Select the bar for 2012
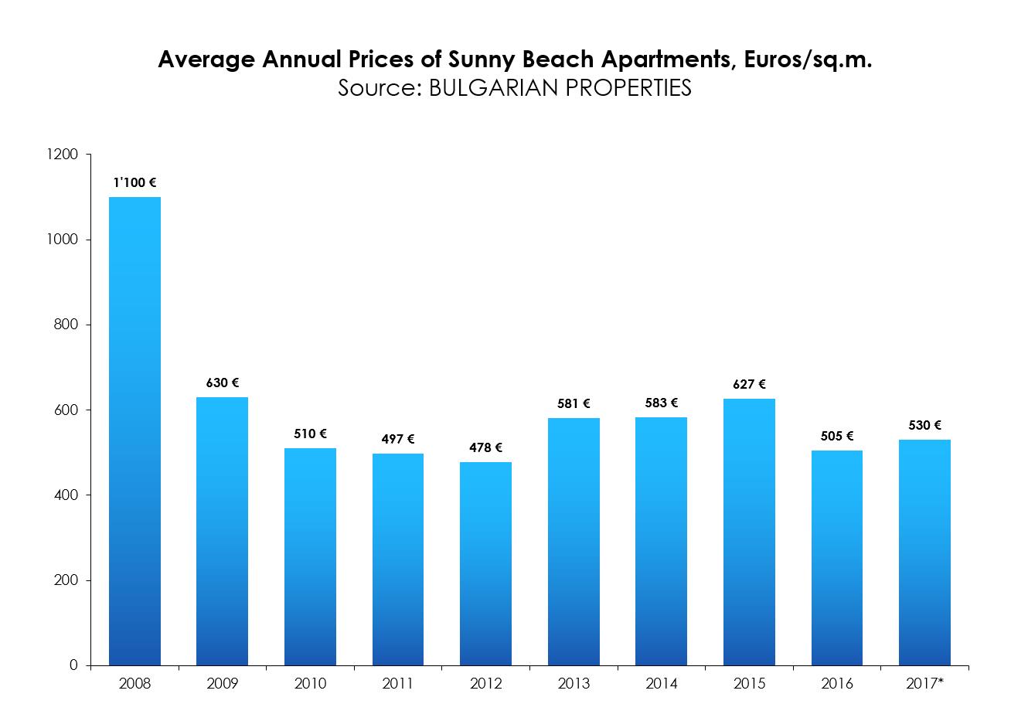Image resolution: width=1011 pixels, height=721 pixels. tap(485, 563)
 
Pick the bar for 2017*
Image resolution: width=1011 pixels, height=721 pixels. tap(924, 552)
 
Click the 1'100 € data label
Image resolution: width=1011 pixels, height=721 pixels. tap(134, 183)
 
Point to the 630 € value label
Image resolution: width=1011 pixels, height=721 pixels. tap(223, 383)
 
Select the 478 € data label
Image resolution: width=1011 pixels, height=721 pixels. tap(485, 447)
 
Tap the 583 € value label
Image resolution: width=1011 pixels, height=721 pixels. tap(661, 403)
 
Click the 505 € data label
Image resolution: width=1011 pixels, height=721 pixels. tap(837, 436)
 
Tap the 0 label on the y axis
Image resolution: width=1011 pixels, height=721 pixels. tap(74, 665)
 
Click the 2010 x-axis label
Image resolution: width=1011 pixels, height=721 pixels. tap(310, 684)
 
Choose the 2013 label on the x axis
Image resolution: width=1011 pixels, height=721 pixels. tap(574, 684)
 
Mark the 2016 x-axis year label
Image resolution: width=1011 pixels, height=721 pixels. tap(837, 684)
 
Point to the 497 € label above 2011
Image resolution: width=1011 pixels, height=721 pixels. tap(398, 439)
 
